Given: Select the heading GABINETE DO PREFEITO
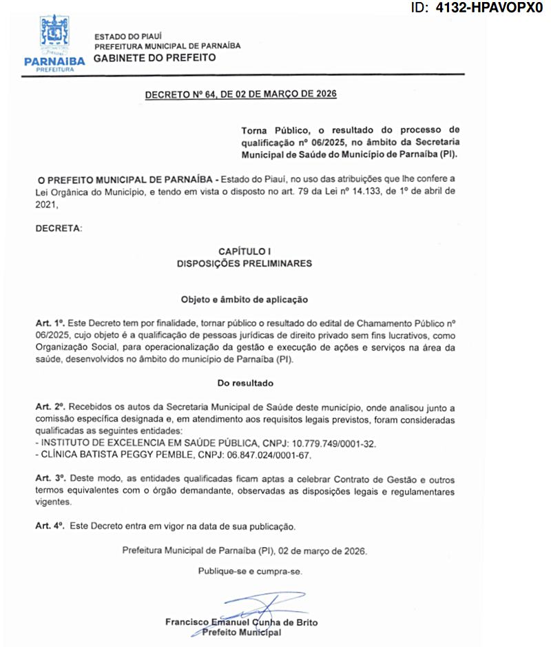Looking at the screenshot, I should (x=154, y=58).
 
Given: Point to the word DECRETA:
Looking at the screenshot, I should (x=59, y=228).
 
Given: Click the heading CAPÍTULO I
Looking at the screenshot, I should (x=245, y=251).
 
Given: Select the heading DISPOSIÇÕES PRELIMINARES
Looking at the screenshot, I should (x=245, y=263).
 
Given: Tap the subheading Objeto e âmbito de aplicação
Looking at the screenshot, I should (x=245, y=300).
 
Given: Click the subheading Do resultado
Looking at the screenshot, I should (x=245, y=382).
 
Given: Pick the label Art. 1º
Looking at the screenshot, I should (x=50, y=323).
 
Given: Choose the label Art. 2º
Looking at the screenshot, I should (x=50, y=408).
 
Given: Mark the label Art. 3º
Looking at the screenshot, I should (x=50, y=479).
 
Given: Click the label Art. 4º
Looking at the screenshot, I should (x=50, y=526).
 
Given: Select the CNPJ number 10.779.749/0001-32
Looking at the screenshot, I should (x=332, y=442).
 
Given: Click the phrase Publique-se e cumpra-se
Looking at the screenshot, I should (x=250, y=571).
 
